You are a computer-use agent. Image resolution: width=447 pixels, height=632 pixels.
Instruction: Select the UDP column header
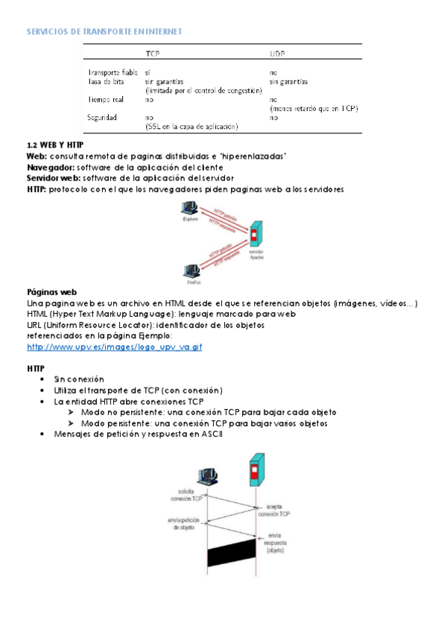point(277,54)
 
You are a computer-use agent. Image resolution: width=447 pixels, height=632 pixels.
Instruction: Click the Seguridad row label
point(102,118)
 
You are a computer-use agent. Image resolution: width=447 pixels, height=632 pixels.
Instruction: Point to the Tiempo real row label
point(106,99)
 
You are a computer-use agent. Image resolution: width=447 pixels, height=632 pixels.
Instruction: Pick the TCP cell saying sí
point(148,72)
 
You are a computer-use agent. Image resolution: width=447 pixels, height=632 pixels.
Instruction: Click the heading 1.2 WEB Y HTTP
point(55,144)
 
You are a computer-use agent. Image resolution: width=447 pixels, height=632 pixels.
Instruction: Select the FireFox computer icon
point(191,269)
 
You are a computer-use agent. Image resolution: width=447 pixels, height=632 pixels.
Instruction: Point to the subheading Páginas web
point(51,291)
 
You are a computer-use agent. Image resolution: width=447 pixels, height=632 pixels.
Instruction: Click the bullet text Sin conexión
point(79,379)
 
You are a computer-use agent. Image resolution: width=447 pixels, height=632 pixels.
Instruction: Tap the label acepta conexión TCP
point(273,510)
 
